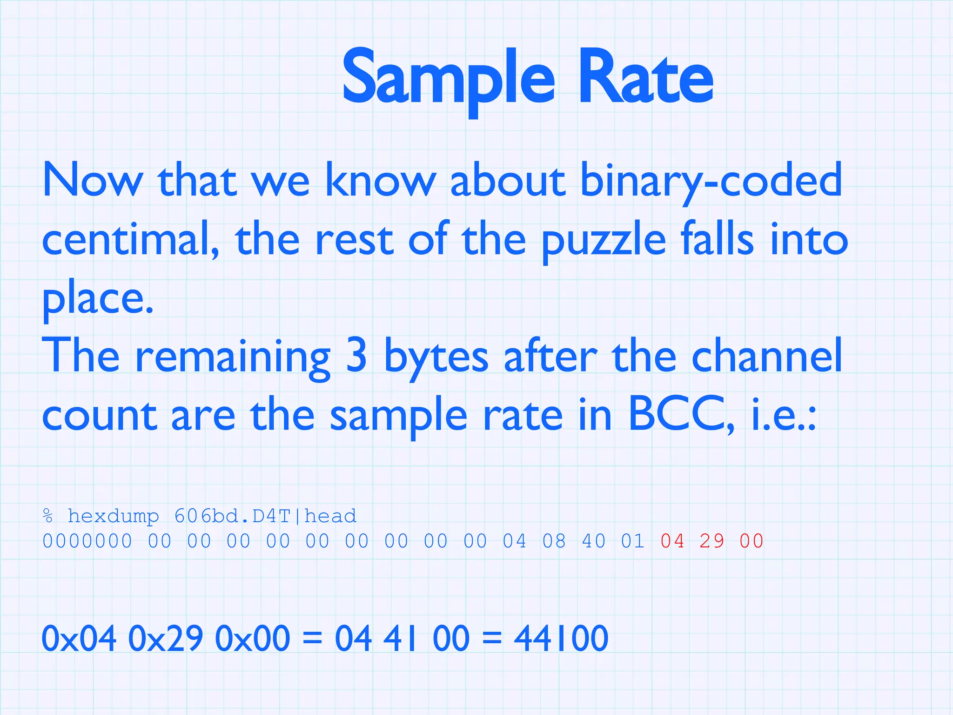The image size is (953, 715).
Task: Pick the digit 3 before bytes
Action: coord(356,356)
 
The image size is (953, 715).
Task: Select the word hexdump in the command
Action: coord(114,516)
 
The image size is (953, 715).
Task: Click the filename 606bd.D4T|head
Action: coord(265,516)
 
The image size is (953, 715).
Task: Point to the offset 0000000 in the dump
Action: coord(87,541)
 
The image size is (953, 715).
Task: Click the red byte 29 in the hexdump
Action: coord(711,541)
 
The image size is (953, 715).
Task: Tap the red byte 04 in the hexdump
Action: coord(672,541)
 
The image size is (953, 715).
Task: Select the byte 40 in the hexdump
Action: coord(593,541)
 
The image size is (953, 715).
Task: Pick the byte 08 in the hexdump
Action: coord(554,541)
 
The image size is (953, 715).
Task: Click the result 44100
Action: coord(561,638)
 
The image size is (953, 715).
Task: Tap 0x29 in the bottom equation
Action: coord(165,638)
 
